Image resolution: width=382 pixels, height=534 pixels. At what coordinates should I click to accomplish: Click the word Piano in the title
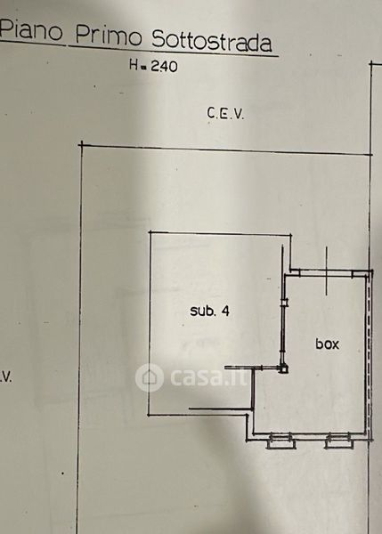(x=31, y=29)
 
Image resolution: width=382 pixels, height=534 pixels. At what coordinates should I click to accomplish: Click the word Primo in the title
(x=108, y=35)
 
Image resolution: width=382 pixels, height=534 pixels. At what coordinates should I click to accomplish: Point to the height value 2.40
(x=164, y=66)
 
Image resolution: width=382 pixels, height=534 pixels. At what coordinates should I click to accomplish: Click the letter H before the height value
(x=134, y=64)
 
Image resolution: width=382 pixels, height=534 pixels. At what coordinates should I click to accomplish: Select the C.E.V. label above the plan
(x=225, y=113)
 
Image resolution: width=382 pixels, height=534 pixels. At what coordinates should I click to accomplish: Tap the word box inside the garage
(x=327, y=344)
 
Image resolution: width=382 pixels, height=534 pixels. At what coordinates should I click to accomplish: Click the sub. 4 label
(x=209, y=311)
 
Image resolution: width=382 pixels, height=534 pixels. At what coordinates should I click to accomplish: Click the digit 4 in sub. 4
(x=225, y=311)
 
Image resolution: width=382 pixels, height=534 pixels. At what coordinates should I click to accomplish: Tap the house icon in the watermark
(x=150, y=377)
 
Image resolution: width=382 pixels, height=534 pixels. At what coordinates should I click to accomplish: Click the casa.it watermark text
(x=208, y=376)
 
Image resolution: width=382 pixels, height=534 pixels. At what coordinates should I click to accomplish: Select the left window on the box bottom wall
(x=280, y=441)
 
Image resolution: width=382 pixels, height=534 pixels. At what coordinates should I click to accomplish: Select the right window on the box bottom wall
(x=337, y=441)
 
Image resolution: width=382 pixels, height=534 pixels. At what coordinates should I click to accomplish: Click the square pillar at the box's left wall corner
(x=283, y=368)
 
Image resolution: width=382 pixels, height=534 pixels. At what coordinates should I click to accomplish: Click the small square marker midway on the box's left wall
(x=284, y=303)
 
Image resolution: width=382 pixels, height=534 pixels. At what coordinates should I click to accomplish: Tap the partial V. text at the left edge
(x=6, y=377)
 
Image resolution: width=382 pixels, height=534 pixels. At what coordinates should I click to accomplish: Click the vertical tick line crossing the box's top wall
(x=327, y=271)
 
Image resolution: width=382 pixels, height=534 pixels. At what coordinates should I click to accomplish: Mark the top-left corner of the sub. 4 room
(x=150, y=232)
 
